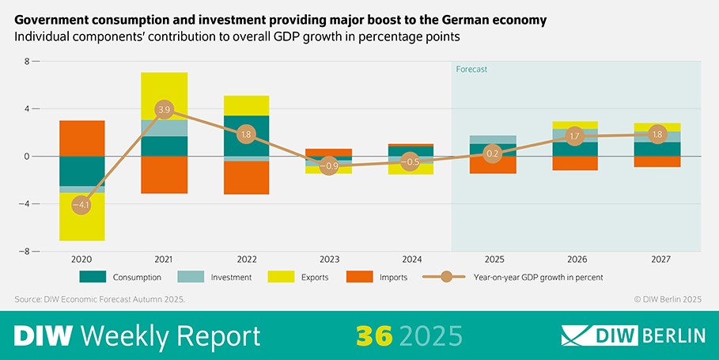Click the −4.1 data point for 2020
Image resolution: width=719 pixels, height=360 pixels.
coord(81,205)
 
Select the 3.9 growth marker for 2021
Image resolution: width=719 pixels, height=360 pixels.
coord(164,109)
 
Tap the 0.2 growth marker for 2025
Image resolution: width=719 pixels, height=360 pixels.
coord(492,153)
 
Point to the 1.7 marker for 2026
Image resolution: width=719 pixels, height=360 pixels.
coord(574,136)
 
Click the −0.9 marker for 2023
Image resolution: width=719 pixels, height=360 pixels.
coord(328,166)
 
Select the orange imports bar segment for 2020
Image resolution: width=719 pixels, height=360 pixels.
coord(81,138)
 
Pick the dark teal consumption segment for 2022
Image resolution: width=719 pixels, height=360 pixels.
coord(246,135)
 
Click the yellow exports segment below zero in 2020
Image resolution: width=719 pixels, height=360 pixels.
coord(81,225)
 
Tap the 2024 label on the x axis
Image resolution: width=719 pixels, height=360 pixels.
coord(410,259)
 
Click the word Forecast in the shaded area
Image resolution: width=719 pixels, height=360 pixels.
coord(471,69)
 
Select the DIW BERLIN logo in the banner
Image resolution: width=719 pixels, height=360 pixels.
coord(633,335)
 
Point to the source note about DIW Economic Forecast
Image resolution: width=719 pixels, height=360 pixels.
coord(100,299)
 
